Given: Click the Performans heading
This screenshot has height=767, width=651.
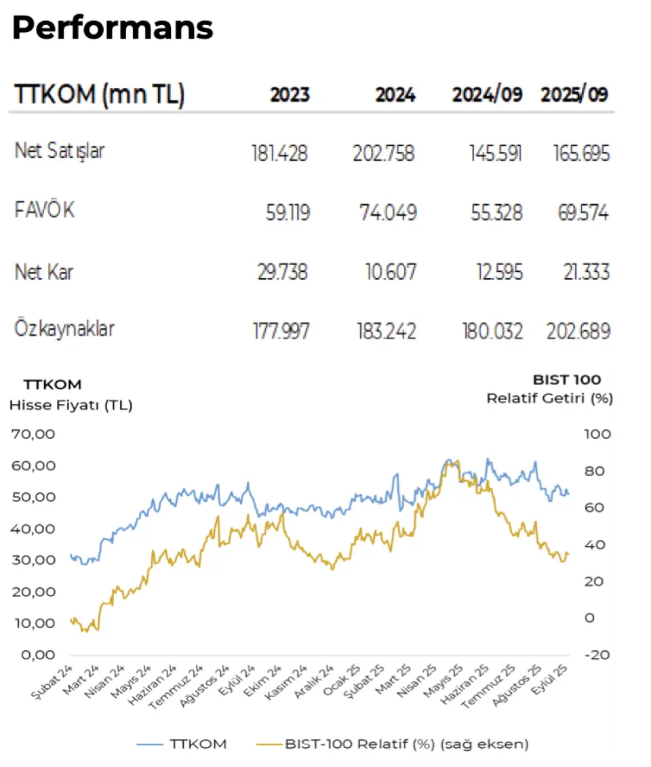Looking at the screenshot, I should tap(113, 27).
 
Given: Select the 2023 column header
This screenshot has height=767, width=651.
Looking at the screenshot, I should tap(290, 95).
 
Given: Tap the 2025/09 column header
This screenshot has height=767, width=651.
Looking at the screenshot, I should tap(575, 95).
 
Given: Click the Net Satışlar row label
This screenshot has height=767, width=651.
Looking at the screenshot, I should tap(60, 151).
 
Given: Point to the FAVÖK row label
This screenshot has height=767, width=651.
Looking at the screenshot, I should tap(45, 211).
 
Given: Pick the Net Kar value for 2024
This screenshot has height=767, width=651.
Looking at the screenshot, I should tap(384, 272).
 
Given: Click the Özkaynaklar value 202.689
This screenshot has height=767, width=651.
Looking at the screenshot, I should tap(578, 331).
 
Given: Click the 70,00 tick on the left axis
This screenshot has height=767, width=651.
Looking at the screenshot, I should tap(33, 434).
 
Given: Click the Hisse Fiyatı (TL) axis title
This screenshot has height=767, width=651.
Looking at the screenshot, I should tap(71, 406).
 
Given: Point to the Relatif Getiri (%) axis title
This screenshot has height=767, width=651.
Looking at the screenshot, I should tap(549, 398).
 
